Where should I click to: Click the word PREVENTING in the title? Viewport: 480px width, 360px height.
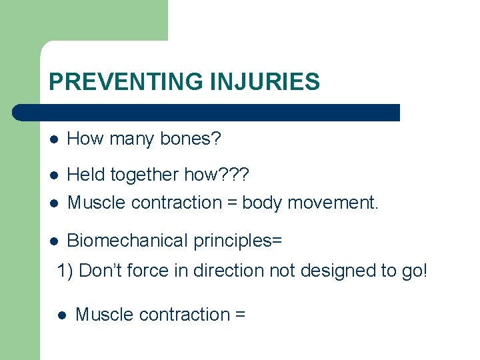coord(126,81)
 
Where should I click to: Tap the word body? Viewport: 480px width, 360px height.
coord(263,202)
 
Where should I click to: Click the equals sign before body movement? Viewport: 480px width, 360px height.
coord(230,203)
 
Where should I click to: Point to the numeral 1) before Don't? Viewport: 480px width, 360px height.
coord(66,271)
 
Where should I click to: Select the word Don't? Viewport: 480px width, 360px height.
coord(101,271)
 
